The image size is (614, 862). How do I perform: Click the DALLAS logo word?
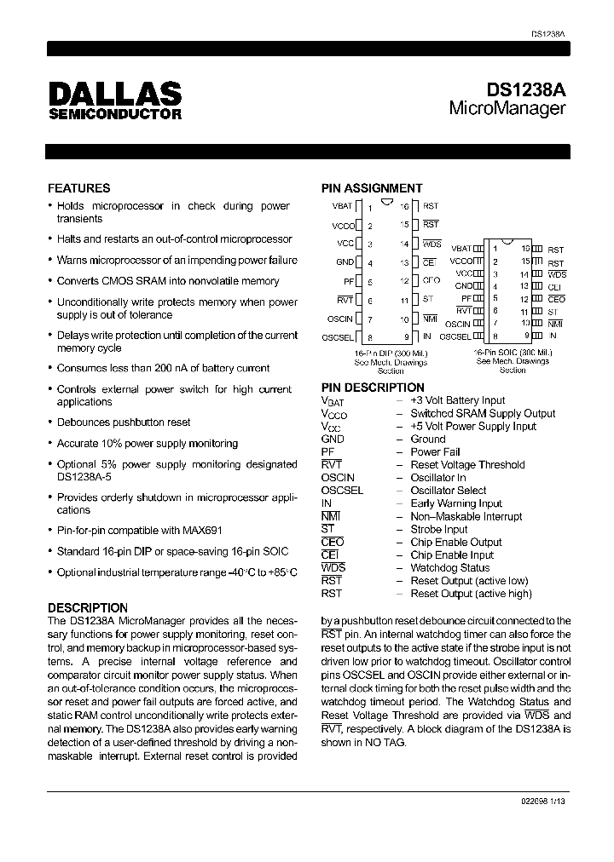pyautogui.click(x=114, y=93)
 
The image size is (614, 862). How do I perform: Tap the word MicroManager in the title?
pyautogui.click(x=507, y=109)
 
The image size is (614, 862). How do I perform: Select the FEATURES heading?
pyautogui.click(x=78, y=188)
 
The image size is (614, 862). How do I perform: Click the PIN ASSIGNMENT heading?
pyautogui.click(x=371, y=188)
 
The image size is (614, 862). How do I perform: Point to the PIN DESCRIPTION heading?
pyautogui.click(x=373, y=388)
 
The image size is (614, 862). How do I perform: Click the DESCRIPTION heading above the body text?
pyautogui.click(x=88, y=608)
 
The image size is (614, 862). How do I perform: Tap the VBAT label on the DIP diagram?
pyautogui.click(x=341, y=207)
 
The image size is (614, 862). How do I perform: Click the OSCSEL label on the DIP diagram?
pyautogui.click(x=338, y=338)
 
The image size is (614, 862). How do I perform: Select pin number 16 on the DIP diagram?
pyautogui.click(x=404, y=207)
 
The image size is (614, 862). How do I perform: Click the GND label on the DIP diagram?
pyautogui.click(x=345, y=262)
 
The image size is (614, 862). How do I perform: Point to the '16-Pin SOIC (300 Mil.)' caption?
pyautogui.click(x=513, y=353)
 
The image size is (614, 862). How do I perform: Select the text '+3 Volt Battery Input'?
pyautogui.click(x=457, y=400)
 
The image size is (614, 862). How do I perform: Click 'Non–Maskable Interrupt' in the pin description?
pyautogui.click(x=466, y=516)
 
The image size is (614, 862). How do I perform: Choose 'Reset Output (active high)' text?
pyautogui.click(x=471, y=594)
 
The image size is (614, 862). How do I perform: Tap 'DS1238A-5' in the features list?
pyautogui.click(x=85, y=477)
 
